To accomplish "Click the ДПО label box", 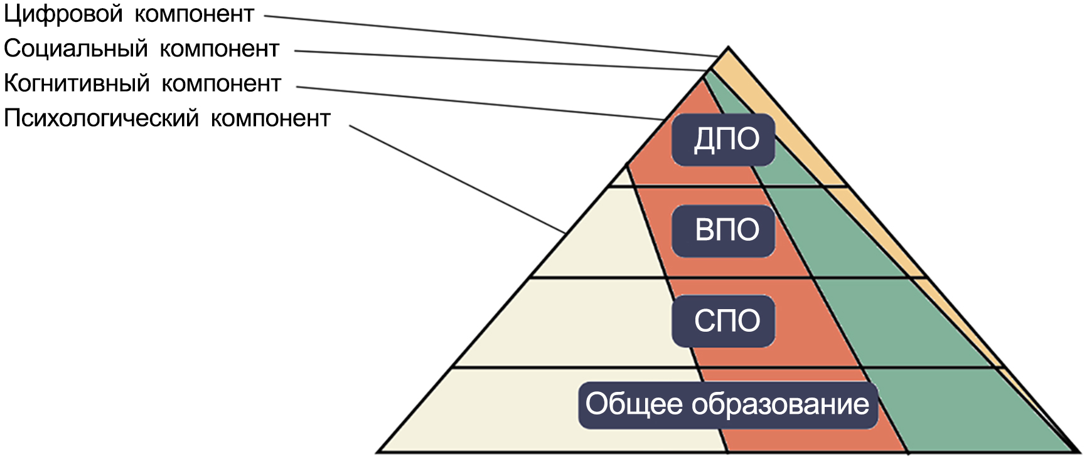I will (724, 139).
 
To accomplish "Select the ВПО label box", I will (724, 230).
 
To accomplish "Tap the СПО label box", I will (724, 321).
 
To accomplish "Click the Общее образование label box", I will (727, 405).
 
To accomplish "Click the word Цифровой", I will (63, 14).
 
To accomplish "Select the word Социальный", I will (75, 49).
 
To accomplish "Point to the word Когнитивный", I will (77, 83).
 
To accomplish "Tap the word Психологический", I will (101, 118).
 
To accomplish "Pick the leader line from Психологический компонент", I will (458, 179).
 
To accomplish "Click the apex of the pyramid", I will (728, 47).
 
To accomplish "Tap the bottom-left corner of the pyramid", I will (378, 451).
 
